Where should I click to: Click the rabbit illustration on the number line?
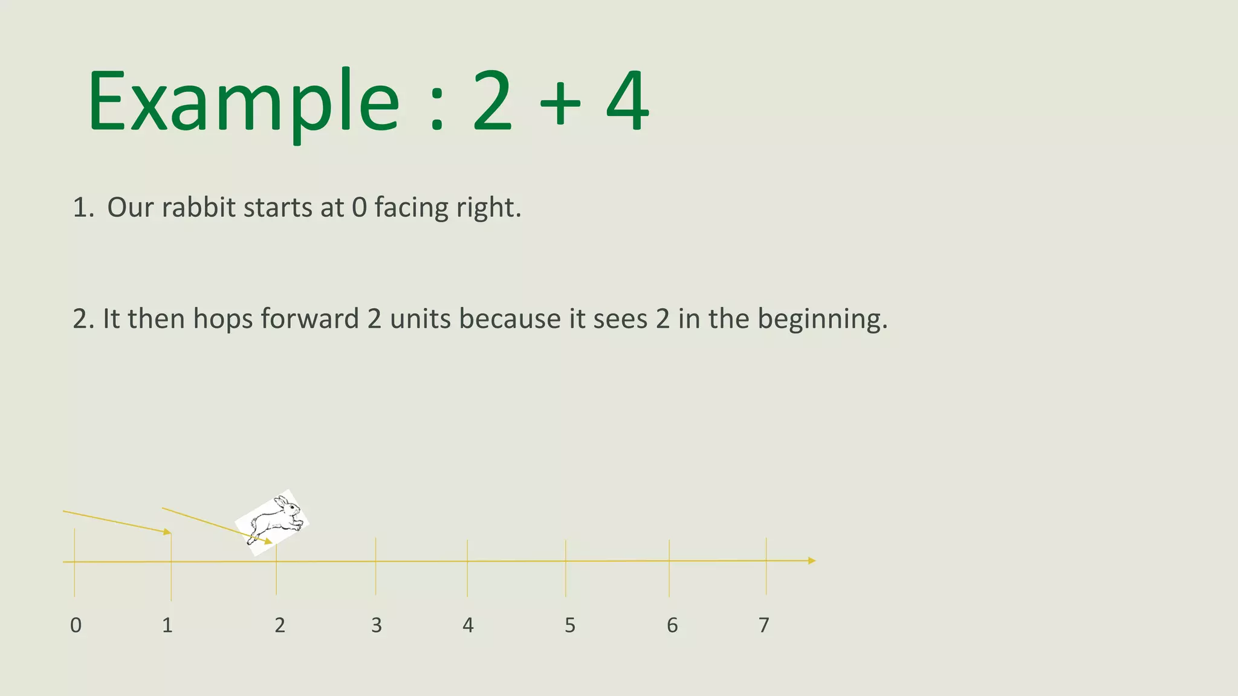click(273, 521)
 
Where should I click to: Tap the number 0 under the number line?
click(76, 625)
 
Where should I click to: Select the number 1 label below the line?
click(167, 625)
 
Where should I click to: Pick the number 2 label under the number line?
click(279, 625)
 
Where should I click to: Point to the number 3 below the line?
click(376, 625)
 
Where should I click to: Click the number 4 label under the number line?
click(468, 625)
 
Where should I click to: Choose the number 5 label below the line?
click(570, 625)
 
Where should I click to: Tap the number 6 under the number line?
click(672, 625)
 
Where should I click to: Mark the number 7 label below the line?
click(764, 625)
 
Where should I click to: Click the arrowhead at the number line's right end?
click(812, 561)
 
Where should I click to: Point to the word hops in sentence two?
click(224, 319)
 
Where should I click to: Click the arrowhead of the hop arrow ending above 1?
click(167, 532)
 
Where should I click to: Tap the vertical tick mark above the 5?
click(566, 568)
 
